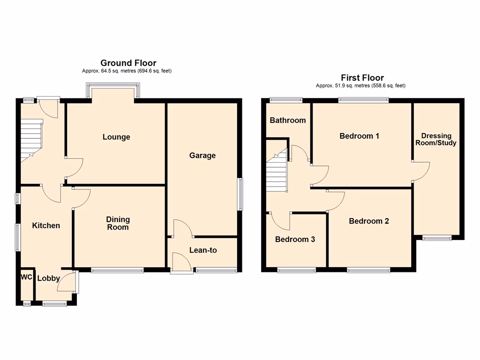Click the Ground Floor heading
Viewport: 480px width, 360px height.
(128, 63)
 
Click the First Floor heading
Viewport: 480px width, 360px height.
(362, 78)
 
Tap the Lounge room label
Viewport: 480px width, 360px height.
(116, 137)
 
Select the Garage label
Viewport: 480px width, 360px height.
(202, 155)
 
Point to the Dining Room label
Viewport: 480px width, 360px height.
(118, 223)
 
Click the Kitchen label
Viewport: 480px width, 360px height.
(46, 225)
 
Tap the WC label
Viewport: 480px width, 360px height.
(26, 277)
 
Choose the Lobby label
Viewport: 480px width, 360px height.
(49, 278)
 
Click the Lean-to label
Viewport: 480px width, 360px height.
(203, 250)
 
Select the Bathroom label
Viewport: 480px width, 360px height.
(287, 120)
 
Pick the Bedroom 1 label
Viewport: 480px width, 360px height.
(359, 136)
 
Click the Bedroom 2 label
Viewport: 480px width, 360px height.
(369, 221)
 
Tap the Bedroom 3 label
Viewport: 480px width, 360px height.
(295, 239)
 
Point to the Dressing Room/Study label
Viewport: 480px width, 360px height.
(438, 139)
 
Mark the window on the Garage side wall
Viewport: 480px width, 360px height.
(240, 194)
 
